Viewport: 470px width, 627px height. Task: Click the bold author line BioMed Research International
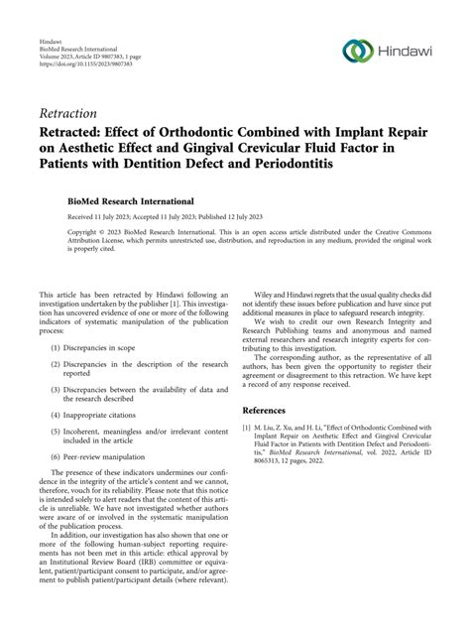124,200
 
